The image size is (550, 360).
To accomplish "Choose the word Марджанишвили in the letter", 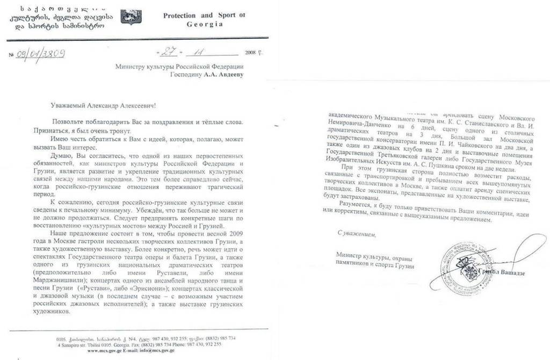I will tap(74, 278).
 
